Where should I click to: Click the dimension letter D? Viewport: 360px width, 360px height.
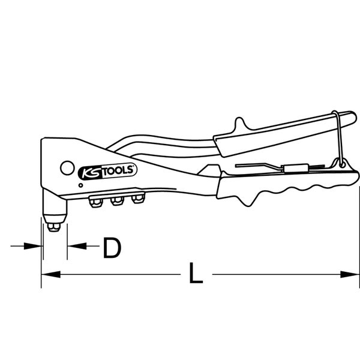(112, 248)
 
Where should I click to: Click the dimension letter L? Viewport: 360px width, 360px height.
(196, 272)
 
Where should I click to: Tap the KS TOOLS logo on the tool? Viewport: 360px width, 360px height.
(107, 171)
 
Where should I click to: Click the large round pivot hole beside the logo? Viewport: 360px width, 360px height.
(67, 168)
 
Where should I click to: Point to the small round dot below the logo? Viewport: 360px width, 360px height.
(80, 185)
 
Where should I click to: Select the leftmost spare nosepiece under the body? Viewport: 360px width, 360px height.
(96, 202)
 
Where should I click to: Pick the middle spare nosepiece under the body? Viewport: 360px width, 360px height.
(118, 200)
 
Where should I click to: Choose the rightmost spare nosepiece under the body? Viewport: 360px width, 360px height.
(138, 198)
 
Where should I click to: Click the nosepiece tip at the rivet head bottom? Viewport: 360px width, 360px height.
(54, 227)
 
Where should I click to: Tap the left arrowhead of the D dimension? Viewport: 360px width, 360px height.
(33, 246)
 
